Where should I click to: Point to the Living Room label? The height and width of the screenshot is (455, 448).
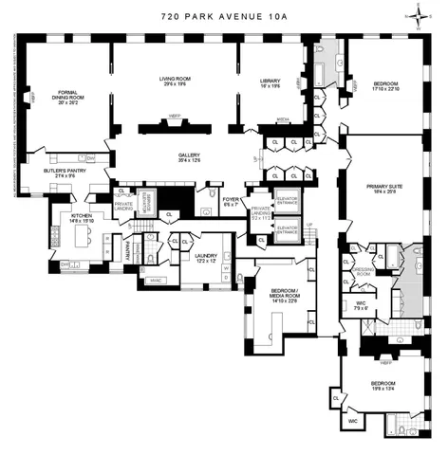coord(176,80)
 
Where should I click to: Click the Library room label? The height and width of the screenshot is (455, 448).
coord(271,80)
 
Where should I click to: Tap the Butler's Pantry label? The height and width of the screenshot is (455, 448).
coord(65,172)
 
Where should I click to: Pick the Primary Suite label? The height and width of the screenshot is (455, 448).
coord(384,187)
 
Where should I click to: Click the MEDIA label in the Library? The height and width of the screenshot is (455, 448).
coord(283,119)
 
